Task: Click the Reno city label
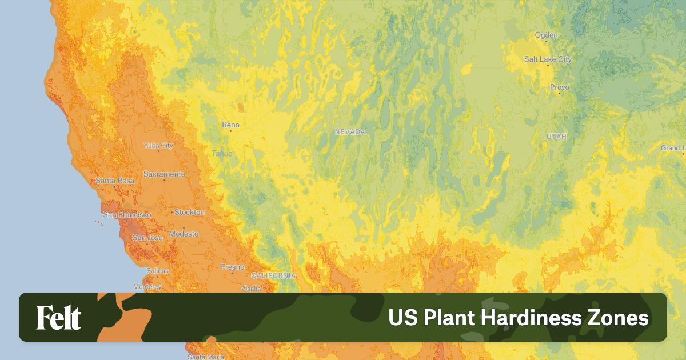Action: coord(231,125)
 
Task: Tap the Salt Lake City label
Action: coord(548,59)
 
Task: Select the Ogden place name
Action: coord(546,35)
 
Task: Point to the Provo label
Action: coord(560,87)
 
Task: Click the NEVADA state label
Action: coord(350,131)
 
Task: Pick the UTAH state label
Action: coord(556,137)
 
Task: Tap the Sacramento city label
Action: coord(164,174)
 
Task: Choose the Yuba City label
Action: coord(158,145)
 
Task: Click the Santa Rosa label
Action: coord(115,181)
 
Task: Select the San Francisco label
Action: coord(127,214)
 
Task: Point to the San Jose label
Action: coord(147,237)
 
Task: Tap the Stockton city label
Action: coord(189,212)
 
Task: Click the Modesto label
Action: coord(184,234)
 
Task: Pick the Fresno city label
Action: coord(233,267)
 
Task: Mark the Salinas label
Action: coord(157,270)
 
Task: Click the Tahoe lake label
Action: coord(222,153)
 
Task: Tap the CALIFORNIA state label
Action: coord(273,275)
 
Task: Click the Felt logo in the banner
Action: coord(59,318)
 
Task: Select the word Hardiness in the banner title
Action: coord(520,318)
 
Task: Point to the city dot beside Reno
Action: coord(231,131)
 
